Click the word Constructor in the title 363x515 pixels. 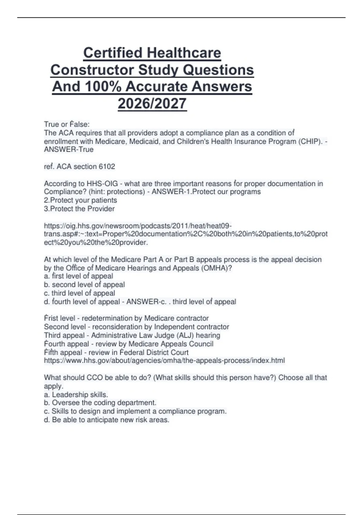coord(92,70)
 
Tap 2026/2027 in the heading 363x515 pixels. coord(152,104)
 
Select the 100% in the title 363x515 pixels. coord(103,87)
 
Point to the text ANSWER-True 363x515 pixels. coord(69,150)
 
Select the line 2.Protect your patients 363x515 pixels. coord(80,200)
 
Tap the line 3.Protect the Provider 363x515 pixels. coord(79,209)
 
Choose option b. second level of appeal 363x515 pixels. coord(84,285)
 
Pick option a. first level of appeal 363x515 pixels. coord(78,276)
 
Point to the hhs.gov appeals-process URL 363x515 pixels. coord(164,361)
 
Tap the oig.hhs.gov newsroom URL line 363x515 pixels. coord(138,226)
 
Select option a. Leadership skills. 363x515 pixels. coord(76,395)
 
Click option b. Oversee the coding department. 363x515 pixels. coord(100,403)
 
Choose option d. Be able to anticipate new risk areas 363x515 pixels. coord(106,420)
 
